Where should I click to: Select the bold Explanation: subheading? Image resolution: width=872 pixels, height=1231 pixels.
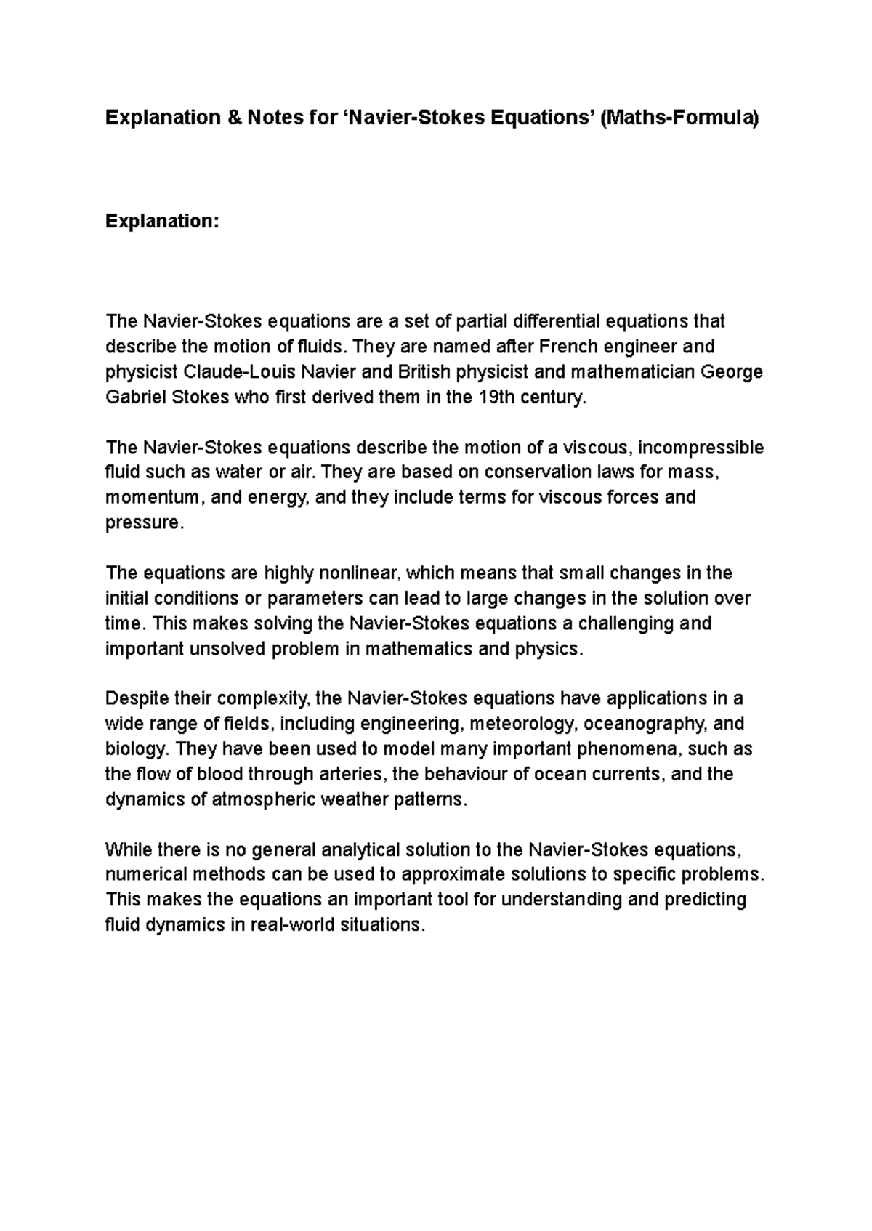[x=162, y=221]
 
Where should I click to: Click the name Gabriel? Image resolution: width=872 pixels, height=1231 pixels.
[x=137, y=397]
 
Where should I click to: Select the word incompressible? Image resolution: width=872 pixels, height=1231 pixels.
[x=701, y=448]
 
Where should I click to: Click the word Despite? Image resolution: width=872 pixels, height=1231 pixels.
[x=137, y=699]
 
